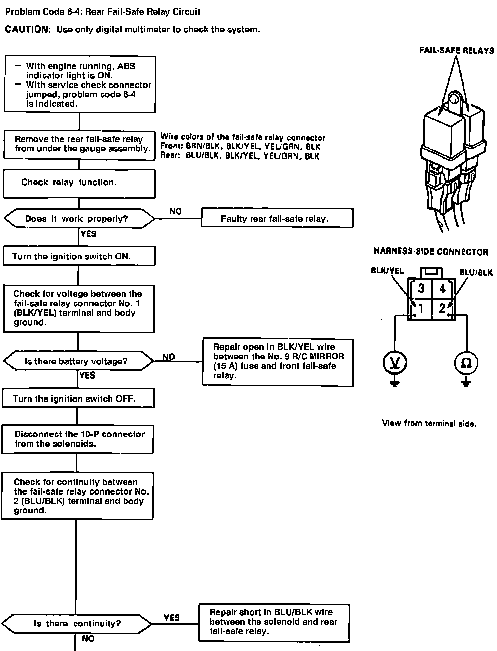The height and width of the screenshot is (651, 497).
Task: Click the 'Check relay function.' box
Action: click(x=79, y=184)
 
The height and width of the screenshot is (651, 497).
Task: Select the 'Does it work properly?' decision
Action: click(x=79, y=219)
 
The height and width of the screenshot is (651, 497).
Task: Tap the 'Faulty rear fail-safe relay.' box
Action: click(x=277, y=218)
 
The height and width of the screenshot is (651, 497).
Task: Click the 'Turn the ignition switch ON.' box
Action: click(x=79, y=256)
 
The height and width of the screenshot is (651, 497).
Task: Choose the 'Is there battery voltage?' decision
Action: click(x=78, y=361)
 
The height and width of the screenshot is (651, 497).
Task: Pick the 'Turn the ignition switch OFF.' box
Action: click(x=78, y=399)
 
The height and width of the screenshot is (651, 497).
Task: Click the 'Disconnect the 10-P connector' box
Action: click(x=78, y=439)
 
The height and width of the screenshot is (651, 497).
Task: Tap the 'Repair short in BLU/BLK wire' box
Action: click(x=274, y=622)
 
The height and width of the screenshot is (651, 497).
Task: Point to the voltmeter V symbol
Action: click(x=395, y=363)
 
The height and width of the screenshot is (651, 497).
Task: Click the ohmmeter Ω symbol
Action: click(x=466, y=363)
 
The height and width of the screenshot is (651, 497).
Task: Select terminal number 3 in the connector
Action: click(x=421, y=289)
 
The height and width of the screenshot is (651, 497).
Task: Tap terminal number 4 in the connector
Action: click(x=442, y=289)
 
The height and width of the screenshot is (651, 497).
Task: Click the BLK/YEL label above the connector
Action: click(x=387, y=271)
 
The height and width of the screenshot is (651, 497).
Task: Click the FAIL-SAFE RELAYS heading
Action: click(x=456, y=51)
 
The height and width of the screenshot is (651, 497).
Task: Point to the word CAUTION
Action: click(x=28, y=30)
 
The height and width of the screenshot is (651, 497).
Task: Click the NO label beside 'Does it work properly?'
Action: click(x=176, y=212)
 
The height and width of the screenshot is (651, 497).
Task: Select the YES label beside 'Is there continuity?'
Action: click(x=172, y=618)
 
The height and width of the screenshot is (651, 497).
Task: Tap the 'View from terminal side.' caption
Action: click(x=429, y=423)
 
